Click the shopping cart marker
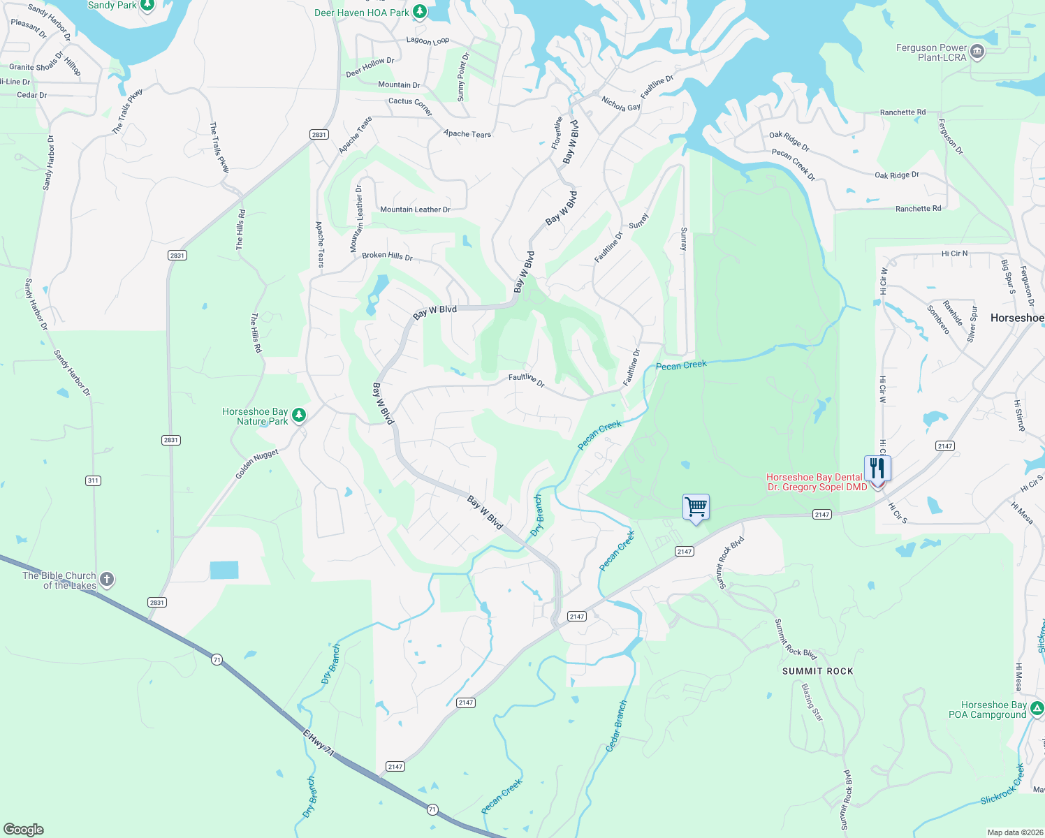click(x=696, y=507)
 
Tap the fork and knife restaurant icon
click(x=877, y=469)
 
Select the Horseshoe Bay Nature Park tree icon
click(x=299, y=416)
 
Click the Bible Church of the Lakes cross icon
click(x=107, y=579)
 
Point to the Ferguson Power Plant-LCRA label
click(x=932, y=52)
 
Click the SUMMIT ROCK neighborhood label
click(x=817, y=671)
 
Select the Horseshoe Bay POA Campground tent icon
click(x=1037, y=710)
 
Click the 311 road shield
click(x=93, y=480)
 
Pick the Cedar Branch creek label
click(x=616, y=726)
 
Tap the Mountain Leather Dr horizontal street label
click(x=415, y=209)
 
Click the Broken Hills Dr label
click(x=387, y=256)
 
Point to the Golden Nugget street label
click(x=256, y=464)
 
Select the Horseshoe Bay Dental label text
click(x=814, y=478)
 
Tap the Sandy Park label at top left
click(x=112, y=6)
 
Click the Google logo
click(x=24, y=830)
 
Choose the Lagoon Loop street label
click(x=427, y=41)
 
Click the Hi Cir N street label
click(x=954, y=253)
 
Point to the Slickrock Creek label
click(x=1002, y=786)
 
